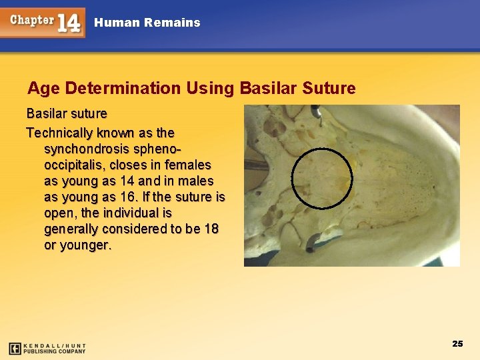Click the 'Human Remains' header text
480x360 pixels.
[x=147, y=23]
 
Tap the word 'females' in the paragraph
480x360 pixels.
[x=189, y=165]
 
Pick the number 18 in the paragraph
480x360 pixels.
[x=210, y=229]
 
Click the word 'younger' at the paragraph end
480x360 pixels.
[x=85, y=245]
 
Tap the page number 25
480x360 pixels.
[x=457, y=344]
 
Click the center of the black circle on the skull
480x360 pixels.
[x=322, y=178]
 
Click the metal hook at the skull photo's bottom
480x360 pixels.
[x=313, y=243]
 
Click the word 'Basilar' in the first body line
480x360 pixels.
[x=47, y=113]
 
